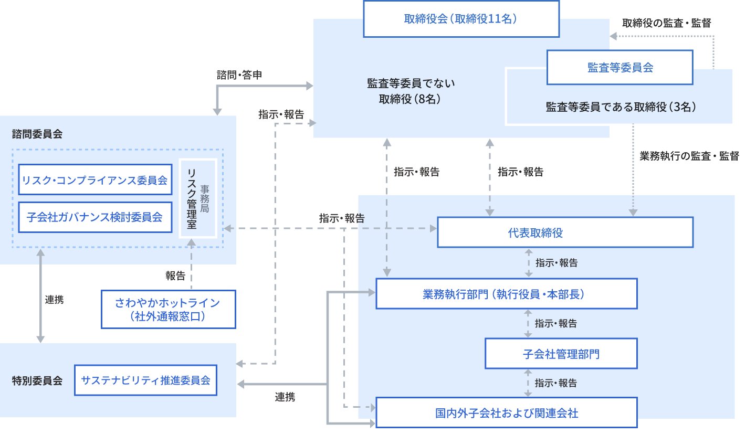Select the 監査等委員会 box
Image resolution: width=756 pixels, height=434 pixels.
click(619, 67)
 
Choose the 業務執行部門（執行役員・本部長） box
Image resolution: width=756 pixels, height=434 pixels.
click(507, 294)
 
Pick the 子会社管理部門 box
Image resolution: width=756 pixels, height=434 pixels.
click(561, 354)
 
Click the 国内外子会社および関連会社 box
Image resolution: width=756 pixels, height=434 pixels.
click(507, 413)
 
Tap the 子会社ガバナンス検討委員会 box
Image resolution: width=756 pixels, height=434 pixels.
click(95, 217)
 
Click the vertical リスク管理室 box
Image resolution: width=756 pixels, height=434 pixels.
click(197, 198)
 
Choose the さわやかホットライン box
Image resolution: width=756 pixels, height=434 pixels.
click(168, 309)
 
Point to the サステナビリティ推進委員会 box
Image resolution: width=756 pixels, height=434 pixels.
click(146, 380)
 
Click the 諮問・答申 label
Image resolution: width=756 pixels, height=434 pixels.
click(239, 75)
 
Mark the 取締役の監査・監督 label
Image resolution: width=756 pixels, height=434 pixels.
click(667, 23)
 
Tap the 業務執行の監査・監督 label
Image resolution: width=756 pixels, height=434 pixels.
click(689, 156)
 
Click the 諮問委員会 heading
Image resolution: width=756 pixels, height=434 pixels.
click(37, 134)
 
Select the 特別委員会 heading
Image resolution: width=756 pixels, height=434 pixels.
click(37, 380)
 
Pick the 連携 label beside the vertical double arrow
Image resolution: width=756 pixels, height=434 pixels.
click(55, 300)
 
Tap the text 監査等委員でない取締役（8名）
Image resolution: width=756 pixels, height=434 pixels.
click(411, 91)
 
